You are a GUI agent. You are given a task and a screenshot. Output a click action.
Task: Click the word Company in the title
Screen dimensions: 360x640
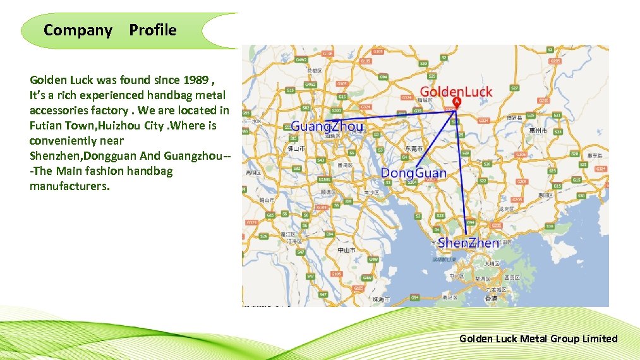pos(78,30)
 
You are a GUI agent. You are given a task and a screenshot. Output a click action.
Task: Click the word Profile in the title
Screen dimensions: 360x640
pos(153,30)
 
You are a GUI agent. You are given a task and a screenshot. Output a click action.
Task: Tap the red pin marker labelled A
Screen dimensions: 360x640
pos(457,102)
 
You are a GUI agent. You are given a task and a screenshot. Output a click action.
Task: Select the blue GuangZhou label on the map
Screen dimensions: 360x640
pos(327,126)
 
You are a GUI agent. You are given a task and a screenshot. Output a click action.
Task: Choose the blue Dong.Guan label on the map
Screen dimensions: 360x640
pos(413,173)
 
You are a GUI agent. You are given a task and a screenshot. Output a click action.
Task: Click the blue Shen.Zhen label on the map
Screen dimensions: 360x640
pos(468,243)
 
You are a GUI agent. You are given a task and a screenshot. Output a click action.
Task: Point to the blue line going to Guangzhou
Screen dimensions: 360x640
pos(392,116)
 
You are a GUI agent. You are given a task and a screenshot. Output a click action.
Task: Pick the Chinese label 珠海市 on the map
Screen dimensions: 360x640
pos(381,299)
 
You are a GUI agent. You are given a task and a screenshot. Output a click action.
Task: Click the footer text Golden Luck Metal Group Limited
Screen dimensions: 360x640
pos(538,339)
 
